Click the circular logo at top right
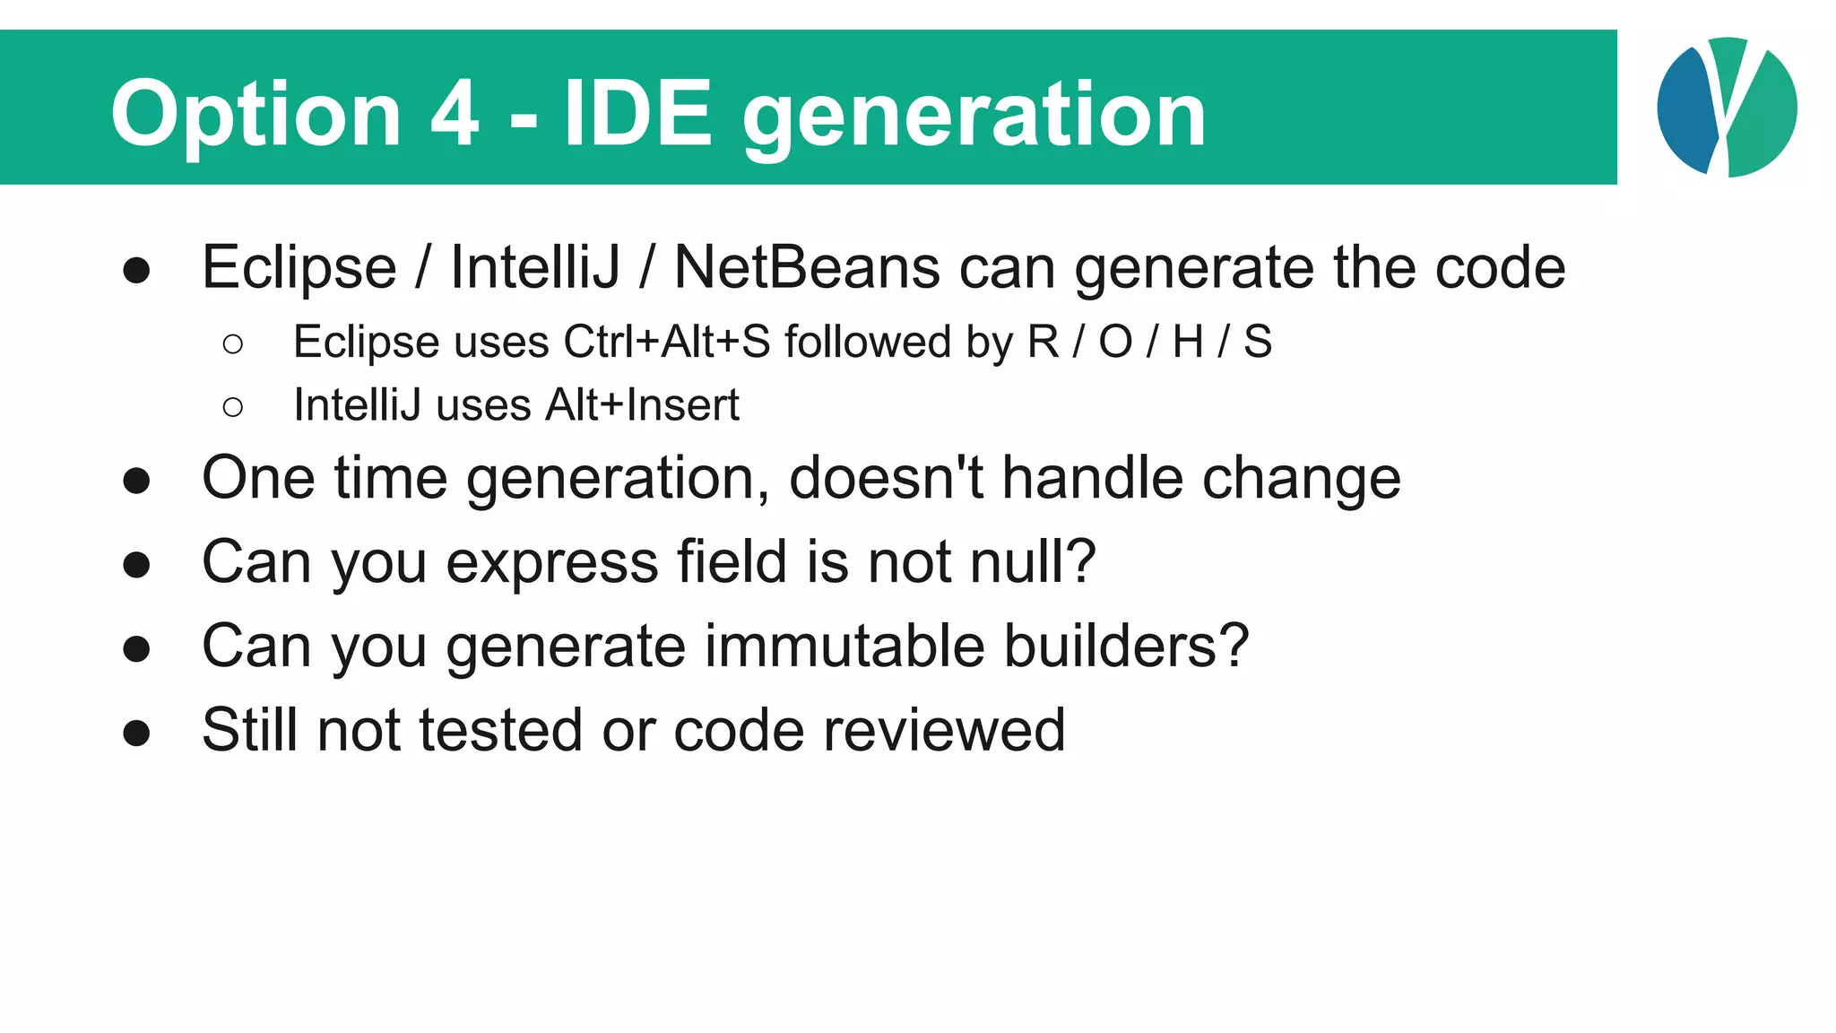(x=1727, y=108)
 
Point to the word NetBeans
(x=807, y=267)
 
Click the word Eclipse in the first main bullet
(x=299, y=269)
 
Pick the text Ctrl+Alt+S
(x=666, y=342)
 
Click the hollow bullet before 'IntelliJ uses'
(x=233, y=407)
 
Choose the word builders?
(x=1126, y=646)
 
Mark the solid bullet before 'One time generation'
(x=136, y=481)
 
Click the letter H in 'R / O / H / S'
(x=1188, y=342)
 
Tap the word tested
(x=501, y=730)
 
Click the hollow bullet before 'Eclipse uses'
(x=233, y=343)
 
